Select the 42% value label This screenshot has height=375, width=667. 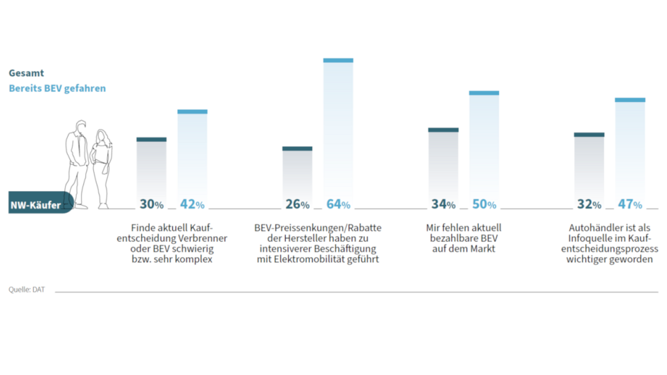pyautogui.click(x=192, y=204)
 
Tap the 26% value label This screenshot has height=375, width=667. pyautogui.click(x=297, y=204)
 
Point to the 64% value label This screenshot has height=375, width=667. pyautogui.click(x=338, y=204)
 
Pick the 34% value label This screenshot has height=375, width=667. pyautogui.click(x=443, y=204)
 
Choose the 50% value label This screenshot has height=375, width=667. pyautogui.click(x=484, y=204)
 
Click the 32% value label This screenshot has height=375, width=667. pyautogui.click(x=589, y=204)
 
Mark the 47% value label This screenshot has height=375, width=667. pyautogui.click(x=630, y=204)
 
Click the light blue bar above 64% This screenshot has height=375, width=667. pyautogui.click(x=338, y=130)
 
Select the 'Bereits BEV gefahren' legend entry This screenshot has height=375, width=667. pyautogui.click(x=57, y=88)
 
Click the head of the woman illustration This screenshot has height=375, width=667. pyautogui.click(x=102, y=135)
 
